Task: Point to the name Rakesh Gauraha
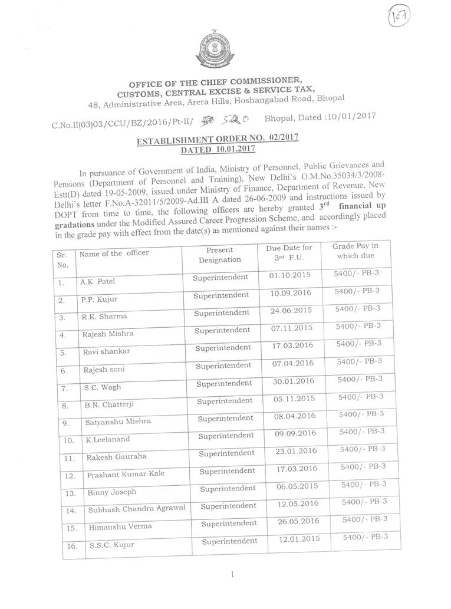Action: point(117,457)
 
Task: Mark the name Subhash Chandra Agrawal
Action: point(136,509)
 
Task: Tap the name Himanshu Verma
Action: point(120,526)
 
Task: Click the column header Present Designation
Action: point(219,255)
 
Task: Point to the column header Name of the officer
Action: point(114,254)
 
